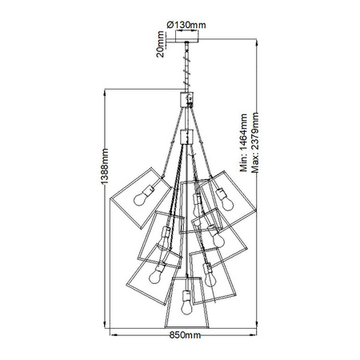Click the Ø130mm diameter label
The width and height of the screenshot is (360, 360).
186,25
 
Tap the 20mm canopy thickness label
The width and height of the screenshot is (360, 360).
160,44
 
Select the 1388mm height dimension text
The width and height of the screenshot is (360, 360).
105,166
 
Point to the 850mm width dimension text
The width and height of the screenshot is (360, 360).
185,335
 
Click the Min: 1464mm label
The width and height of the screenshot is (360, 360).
243,142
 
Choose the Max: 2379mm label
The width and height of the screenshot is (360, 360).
255,142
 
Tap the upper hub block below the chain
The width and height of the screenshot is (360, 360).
186,99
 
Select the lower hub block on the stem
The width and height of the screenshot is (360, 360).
186,137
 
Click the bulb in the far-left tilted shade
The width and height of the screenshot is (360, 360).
140,199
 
